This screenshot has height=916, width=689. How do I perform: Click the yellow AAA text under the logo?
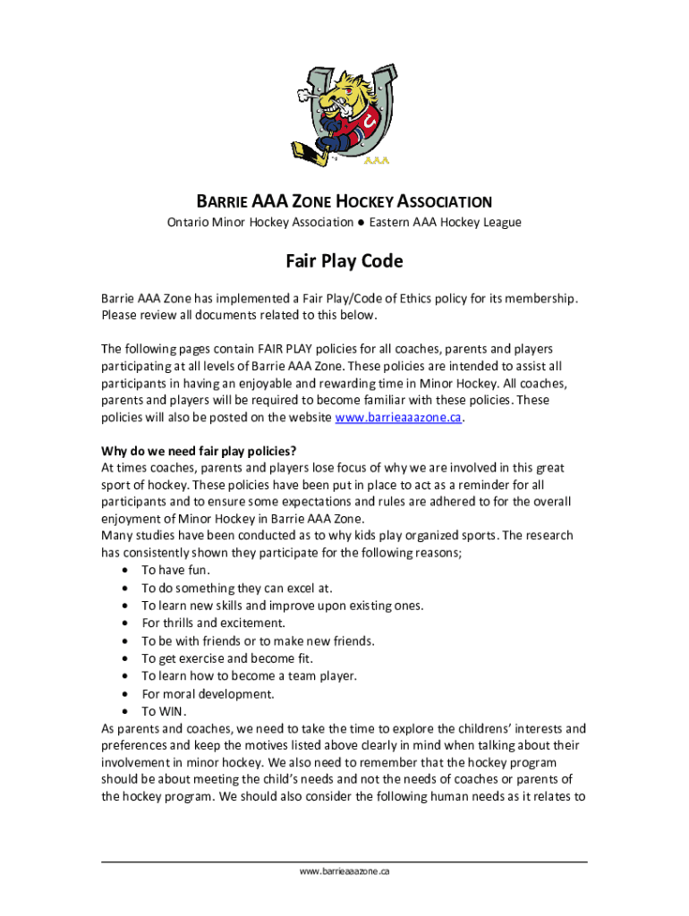pos(375,163)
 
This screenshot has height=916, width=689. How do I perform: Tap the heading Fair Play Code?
pos(344,261)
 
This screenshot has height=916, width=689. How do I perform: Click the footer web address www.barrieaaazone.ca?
pos(344,870)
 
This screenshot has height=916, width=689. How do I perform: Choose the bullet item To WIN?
pos(164,711)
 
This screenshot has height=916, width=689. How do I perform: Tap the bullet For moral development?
pos(208,693)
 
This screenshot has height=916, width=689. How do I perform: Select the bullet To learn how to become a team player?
pos(249,676)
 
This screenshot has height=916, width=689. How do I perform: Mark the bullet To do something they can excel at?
pos(237,588)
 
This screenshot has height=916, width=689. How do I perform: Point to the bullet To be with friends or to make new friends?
pos(258,640)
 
